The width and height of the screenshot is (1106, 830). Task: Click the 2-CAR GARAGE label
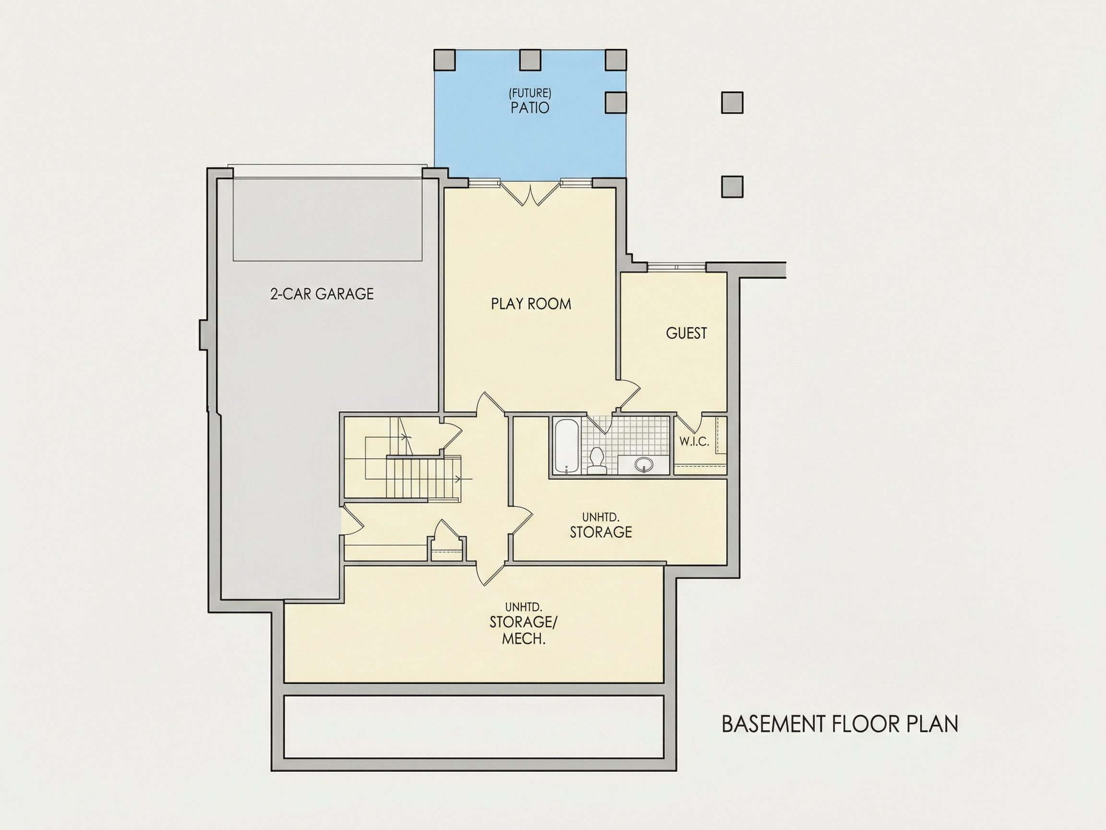coord(322,293)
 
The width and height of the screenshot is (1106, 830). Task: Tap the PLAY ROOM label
coord(531,304)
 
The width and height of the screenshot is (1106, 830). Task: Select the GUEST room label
coord(686,333)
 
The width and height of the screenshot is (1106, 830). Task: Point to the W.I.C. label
coord(695,442)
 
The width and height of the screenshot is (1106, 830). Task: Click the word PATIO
coord(530,108)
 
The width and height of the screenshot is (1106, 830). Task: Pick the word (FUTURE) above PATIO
coord(530,93)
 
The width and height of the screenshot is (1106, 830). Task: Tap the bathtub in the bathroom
coord(567,446)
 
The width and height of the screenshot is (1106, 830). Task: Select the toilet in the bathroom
coord(596,461)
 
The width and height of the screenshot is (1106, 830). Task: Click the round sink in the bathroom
coord(644,465)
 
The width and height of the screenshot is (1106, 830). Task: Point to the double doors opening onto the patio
coord(530,193)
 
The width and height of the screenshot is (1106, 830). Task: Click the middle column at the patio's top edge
coord(530,60)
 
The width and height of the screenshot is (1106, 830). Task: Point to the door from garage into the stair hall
coord(352,520)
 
